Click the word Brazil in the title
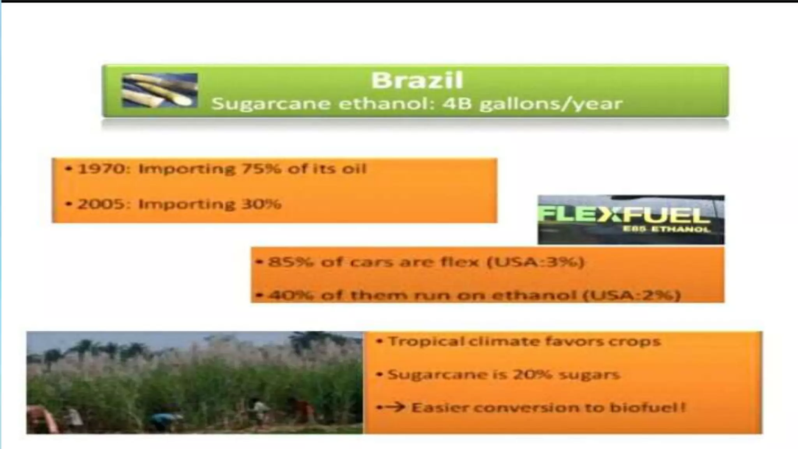417,81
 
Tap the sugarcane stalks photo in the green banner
160,90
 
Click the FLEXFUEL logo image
630,219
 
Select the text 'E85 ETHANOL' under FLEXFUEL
666,229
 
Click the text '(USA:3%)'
535,262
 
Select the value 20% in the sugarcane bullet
532,375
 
